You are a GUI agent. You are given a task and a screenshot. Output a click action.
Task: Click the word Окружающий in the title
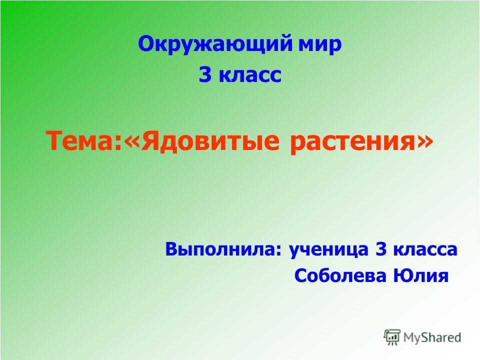(x=215, y=44)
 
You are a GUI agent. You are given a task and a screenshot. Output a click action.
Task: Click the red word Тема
(x=81, y=141)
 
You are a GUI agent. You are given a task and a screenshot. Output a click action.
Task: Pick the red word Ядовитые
(x=210, y=141)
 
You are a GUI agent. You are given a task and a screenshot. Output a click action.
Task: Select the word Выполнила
(x=220, y=249)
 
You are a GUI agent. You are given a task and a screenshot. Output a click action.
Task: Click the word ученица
(x=329, y=250)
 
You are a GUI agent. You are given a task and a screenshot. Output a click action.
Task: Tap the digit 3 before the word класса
(x=381, y=249)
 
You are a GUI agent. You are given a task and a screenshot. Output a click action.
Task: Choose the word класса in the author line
(x=425, y=251)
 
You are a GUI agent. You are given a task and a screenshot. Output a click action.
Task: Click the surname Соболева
(x=340, y=275)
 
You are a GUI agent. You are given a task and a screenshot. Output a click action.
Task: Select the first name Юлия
(x=420, y=276)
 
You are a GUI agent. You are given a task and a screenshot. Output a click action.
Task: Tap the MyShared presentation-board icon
(x=392, y=337)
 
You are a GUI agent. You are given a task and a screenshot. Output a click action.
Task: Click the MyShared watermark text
(x=432, y=337)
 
